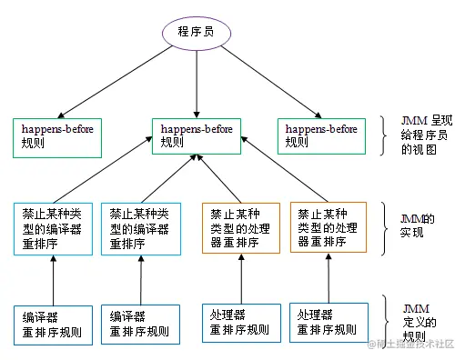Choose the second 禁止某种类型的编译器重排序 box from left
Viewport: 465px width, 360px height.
coord(139,227)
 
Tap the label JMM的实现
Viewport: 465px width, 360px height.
coord(419,226)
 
